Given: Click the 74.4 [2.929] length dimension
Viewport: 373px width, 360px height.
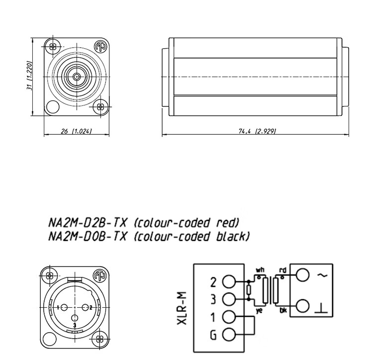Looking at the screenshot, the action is click(257, 131).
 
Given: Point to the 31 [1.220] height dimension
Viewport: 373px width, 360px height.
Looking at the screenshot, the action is click(29, 76).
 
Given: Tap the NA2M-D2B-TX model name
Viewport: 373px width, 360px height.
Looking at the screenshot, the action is click(88, 223).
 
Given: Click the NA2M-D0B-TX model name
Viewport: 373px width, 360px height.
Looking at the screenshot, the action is click(88, 236).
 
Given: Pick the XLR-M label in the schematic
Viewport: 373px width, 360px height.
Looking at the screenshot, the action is click(182, 308).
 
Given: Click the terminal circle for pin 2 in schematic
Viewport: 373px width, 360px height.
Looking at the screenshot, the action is click(229, 281).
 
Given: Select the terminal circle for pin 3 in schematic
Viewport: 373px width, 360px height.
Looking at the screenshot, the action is click(229, 299).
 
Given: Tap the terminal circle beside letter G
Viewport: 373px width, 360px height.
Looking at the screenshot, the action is click(229, 335).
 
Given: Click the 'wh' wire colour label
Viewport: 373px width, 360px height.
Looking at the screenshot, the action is click(260, 270).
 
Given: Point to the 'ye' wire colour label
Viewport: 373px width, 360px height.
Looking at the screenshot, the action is click(259, 311).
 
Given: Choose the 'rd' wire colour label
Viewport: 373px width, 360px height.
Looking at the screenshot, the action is click(283, 270).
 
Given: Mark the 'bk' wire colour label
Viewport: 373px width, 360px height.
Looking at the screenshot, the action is click(283, 310).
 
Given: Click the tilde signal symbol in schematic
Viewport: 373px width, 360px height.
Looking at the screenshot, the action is click(322, 275).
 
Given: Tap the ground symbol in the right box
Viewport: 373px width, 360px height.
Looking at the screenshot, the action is click(321, 308).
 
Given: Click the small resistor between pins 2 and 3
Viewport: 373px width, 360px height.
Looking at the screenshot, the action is click(249, 290).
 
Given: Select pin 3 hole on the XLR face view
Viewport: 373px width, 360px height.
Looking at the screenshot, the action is click(75, 318).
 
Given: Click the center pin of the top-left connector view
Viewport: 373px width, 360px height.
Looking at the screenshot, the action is click(77, 77).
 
